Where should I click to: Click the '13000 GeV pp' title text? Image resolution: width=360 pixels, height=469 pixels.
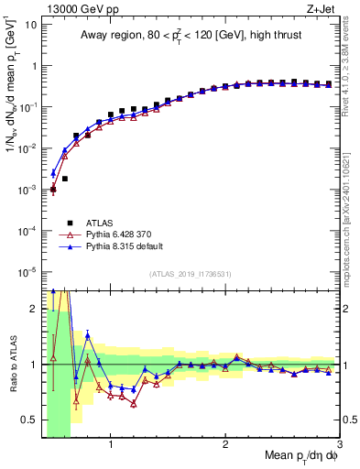[x=75, y=8]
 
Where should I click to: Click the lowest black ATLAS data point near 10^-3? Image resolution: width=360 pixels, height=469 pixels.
[x=53, y=189]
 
